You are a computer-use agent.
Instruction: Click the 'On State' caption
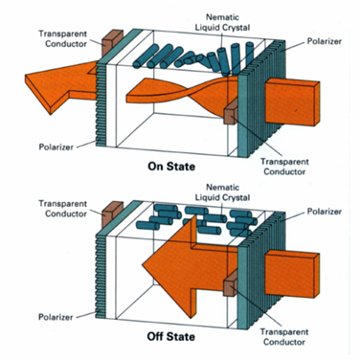(171, 167)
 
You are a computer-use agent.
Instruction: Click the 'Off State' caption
(171, 337)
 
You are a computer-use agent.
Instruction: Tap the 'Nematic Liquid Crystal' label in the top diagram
(223, 22)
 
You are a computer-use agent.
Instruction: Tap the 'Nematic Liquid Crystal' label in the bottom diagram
(223, 192)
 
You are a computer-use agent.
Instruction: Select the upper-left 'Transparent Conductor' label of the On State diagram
(62, 38)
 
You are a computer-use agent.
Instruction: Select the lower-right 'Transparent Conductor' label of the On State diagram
(284, 167)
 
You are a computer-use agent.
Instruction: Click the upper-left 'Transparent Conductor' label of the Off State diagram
(62, 209)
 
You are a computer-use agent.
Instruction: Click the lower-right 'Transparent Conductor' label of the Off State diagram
(284, 337)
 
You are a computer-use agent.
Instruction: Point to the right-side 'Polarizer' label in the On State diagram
(325, 41)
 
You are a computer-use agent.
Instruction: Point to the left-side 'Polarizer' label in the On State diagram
(56, 147)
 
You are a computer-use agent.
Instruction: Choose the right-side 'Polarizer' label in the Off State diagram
(325, 212)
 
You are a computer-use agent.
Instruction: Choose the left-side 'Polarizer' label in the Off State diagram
(56, 317)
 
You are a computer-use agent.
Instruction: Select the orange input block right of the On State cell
(292, 101)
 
